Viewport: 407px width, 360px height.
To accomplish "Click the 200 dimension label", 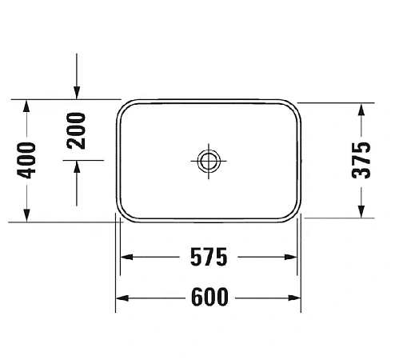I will click(76, 130).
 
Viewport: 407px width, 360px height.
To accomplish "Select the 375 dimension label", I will click(363, 160).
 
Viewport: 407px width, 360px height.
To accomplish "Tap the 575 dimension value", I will click(209, 258).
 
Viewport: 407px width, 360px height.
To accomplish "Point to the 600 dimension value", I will click(209, 298).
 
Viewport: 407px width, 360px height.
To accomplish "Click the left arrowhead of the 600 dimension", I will click(122, 298).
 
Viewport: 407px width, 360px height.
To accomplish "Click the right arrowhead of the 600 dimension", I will click(295, 298).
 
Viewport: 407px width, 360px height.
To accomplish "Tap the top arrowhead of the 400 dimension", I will click(26, 106).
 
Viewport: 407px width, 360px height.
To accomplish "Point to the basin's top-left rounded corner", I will click(126, 107).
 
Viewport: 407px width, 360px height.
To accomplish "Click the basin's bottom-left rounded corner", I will click(126, 213).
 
